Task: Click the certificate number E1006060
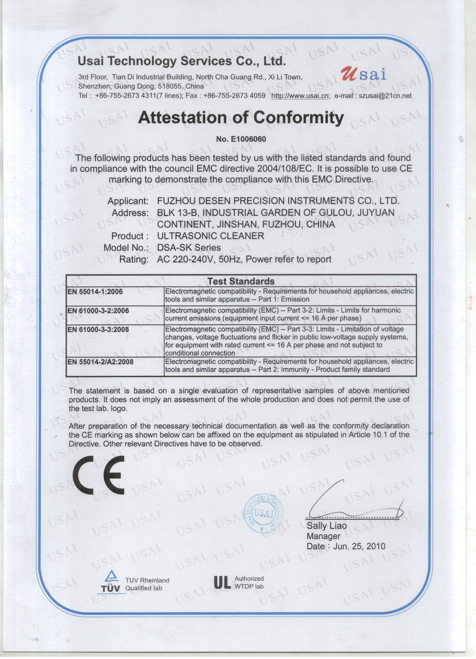(x=241, y=139)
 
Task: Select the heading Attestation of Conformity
(x=241, y=118)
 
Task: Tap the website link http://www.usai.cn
(x=300, y=95)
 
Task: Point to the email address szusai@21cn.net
(x=385, y=95)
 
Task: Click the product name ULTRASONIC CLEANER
(x=211, y=236)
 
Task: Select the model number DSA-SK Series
(x=189, y=247)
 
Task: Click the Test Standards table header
(x=241, y=281)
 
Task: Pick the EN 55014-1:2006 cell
(x=95, y=292)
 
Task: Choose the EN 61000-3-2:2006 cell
(x=98, y=310)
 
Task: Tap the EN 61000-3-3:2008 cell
(x=98, y=329)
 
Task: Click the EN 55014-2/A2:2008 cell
(x=100, y=362)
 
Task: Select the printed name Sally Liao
(x=327, y=526)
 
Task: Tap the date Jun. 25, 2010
(x=359, y=546)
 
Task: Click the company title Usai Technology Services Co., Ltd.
(x=181, y=61)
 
